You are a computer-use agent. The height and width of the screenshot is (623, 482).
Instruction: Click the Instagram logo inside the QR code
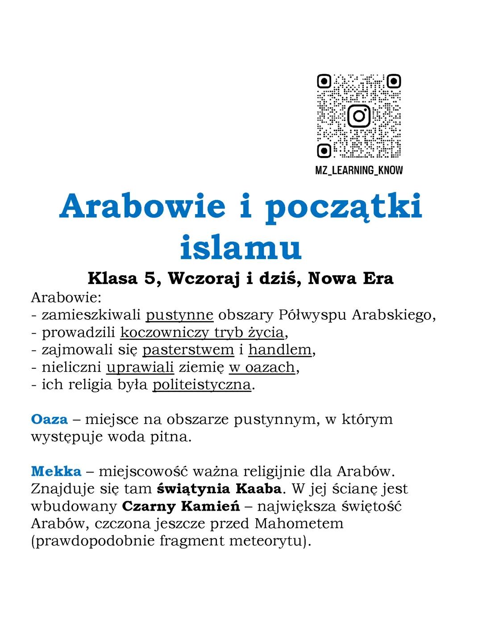[359, 116]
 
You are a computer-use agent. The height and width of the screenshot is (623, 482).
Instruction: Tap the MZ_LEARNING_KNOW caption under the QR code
[359, 170]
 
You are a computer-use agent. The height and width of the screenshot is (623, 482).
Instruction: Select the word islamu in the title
[241, 248]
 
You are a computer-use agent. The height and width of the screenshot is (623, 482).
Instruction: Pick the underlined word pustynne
[179, 315]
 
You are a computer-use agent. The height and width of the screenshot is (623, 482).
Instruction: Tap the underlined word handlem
[280, 350]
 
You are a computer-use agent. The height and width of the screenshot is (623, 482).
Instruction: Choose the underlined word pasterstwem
[188, 350]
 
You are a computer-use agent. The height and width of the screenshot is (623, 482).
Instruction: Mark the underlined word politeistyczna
[202, 384]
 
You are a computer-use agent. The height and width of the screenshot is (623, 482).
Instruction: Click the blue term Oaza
[49, 419]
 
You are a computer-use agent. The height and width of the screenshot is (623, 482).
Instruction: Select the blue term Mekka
[56, 471]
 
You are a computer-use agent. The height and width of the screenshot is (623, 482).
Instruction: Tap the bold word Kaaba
[258, 489]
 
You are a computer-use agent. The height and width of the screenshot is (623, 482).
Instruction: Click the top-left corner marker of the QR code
[324, 82]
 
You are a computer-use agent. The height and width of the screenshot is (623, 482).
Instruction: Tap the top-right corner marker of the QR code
[394, 82]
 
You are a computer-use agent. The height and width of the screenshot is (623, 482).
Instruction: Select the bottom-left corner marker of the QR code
[324, 151]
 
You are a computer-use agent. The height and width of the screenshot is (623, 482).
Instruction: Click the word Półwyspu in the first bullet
[312, 315]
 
